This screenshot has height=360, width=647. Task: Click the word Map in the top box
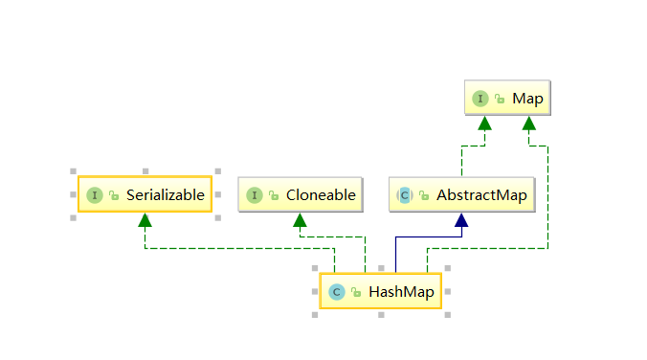pyautogui.click(x=526, y=98)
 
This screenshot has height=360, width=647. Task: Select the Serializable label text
pyautogui.click(x=166, y=194)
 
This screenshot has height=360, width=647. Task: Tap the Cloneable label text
pyautogui.click(x=321, y=194)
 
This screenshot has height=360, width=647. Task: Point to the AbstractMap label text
pyautogui.click(x=481, y=194)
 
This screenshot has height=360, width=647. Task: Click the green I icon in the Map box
pyautogui.click(x=480, y=98)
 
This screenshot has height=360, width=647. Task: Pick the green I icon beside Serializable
pyautogui.click(x=94, y=194)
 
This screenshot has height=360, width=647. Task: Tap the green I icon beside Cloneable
pyautogui.click(x=254, y=194)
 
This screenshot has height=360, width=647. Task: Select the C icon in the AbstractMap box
pyautogui.click(x=405, y=194)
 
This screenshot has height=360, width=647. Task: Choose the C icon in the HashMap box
pyautogui.click(x=336, y=291)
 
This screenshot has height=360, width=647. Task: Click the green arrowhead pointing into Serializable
pyautogui.click(x=145, y=220)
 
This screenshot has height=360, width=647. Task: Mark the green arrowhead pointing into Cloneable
pyautogui.click(x=300, y=220)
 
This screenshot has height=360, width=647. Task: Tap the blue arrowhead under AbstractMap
pyautogui.click(x=461, y=220)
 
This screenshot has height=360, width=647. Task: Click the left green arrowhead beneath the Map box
pyautogui.click(x=485, y=123)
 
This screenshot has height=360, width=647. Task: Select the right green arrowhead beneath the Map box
pyautogui.click(x=529, y=123)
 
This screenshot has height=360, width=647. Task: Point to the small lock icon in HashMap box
pyautogui.click(x=355, y=292)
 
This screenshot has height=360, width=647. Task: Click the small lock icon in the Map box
pyautogui.click(x=500, y=99)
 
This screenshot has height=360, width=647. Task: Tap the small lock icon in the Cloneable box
pyautogui.click(x=273, y=195)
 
